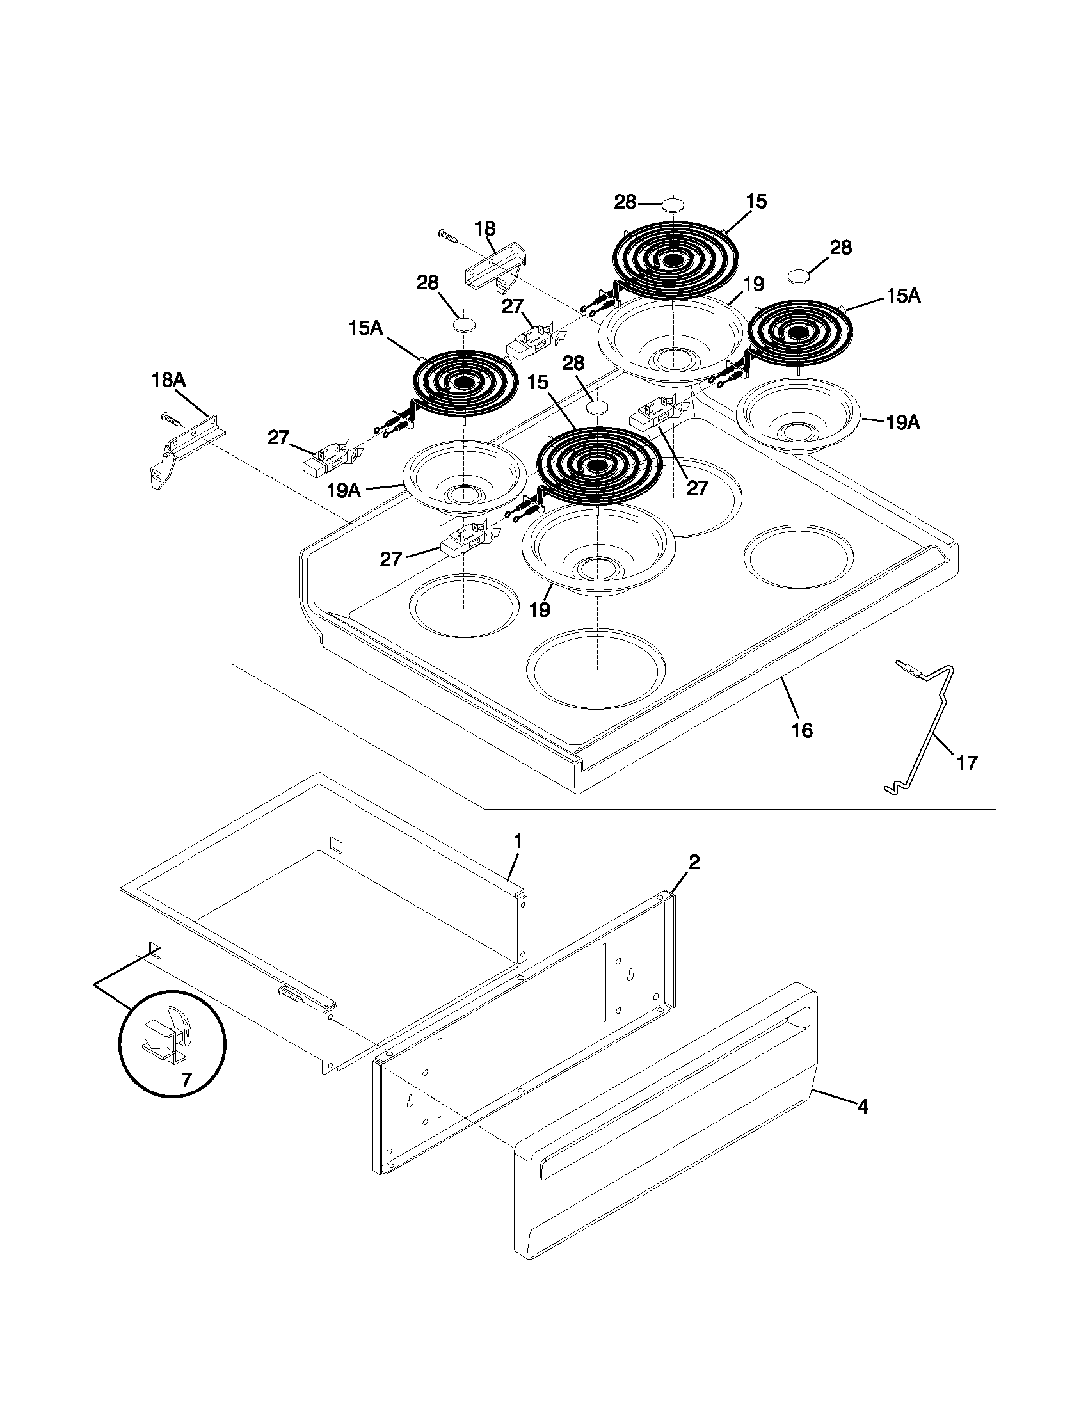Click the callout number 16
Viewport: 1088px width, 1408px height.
tap(802, 730)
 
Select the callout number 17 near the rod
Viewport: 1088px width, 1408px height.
tap(967, 763)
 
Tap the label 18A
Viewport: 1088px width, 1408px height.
tap(168, 380)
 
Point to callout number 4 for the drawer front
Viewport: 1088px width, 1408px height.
tap(863, 1107)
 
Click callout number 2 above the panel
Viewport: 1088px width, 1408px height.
tap(694, 862)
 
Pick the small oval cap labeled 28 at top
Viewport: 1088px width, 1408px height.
tap(673, 205)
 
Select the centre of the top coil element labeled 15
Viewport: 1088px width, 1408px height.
tap(673, 260)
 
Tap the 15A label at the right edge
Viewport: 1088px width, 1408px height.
tap(903, 296)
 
